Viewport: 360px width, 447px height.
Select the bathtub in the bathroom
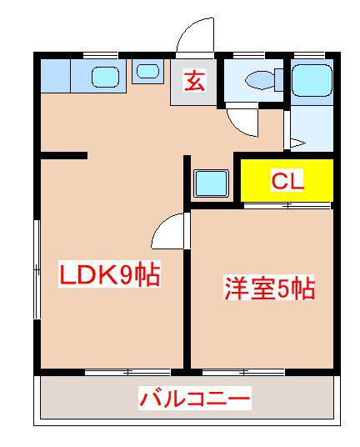click(x=312, y=80)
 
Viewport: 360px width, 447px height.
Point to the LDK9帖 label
click(x=109, y=275)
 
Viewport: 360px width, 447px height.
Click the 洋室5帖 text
click(x=268, y=289)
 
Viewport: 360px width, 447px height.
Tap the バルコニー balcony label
click(x=194, y=399)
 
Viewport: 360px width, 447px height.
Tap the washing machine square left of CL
click(x=210, y=182)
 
